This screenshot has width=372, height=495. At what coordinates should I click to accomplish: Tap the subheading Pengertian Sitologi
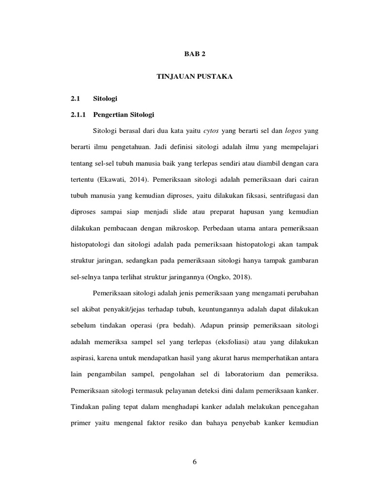pyautogui.click(x=124, y=115)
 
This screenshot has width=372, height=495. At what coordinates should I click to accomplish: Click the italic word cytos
pyautogui.click(x=211, y=131)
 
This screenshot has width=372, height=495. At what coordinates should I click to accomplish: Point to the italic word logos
pyautogui.click(x=293, y=131)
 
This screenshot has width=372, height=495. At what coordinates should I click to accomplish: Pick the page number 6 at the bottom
pyautogui.click(x=194, y=462)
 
